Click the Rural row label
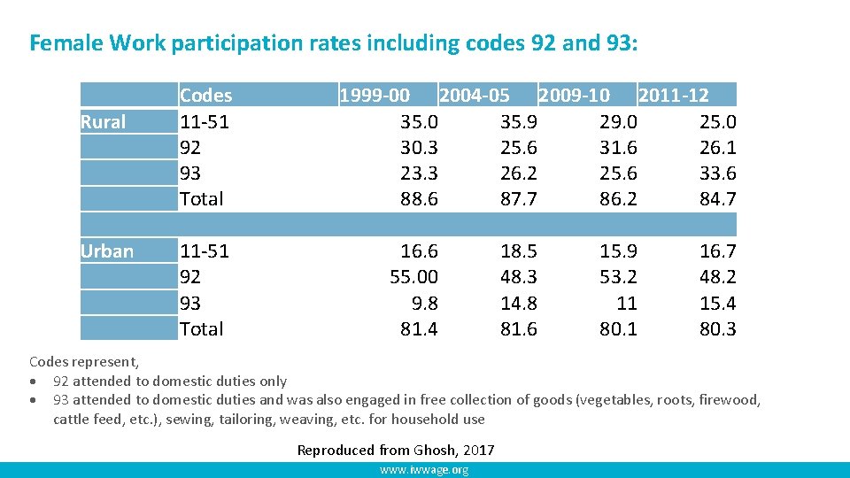(x=104, y=122)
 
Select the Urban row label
(x=107, y=251)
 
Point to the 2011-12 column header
(x=674, y=96)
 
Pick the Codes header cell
(x=205, y=96)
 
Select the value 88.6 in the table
(x=420, y=199)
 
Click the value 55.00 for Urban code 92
(x=414, y=277)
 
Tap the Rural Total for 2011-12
(x=718, y=199)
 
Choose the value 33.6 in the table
(x=718, y=173)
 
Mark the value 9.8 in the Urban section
(x=425, y=304)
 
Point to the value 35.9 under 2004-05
(x=519, y=122)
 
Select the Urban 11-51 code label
(x=205, y=251)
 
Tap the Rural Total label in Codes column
(x=202, y=199)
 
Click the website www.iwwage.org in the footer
(x=424, y=470)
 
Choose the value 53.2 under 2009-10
(x=618, y=277)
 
